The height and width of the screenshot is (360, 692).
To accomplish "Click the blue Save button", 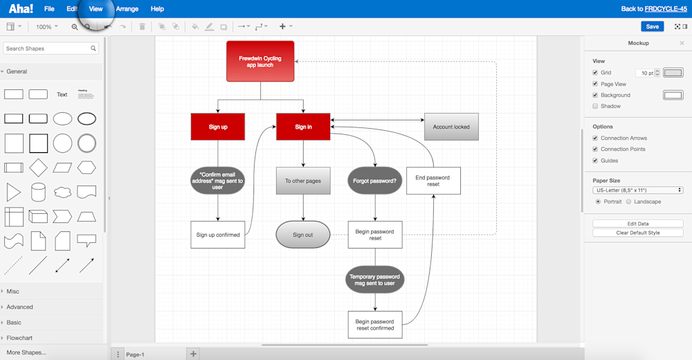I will pos(652,26).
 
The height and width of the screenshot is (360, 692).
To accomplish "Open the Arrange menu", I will pos(127,9).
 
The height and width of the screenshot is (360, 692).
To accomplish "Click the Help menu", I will pos(157,9).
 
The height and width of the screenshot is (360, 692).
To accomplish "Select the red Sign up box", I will pos(218,127).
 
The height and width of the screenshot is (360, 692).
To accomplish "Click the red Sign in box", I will pos(303,127).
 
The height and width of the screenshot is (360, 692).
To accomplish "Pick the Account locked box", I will pos(451,127).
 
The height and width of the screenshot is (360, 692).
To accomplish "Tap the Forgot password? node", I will pos(375,181).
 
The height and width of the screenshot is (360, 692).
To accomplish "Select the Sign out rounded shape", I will pos(303,235).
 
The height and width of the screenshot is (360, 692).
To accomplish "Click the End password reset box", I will pos(433,181).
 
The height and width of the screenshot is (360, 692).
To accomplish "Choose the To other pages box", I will pos(303,181).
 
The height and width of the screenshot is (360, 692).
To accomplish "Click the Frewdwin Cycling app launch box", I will pos(260,62).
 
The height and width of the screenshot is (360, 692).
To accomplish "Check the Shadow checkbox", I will pos(595,106).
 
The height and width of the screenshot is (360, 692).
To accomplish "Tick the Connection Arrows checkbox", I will pos(595,138).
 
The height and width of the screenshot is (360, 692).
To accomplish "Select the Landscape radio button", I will pos(628,201).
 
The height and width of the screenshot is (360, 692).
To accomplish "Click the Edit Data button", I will pos(637,224).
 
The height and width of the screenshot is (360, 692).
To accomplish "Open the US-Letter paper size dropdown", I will pos(637,190).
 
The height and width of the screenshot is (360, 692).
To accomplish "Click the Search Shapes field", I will pos(47,48).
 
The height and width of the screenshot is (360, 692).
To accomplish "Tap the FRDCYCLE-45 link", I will pos(666,9).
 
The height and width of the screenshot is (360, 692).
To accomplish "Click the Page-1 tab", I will pos(135,354).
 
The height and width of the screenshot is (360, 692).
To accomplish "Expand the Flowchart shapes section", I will pos(19,338).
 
